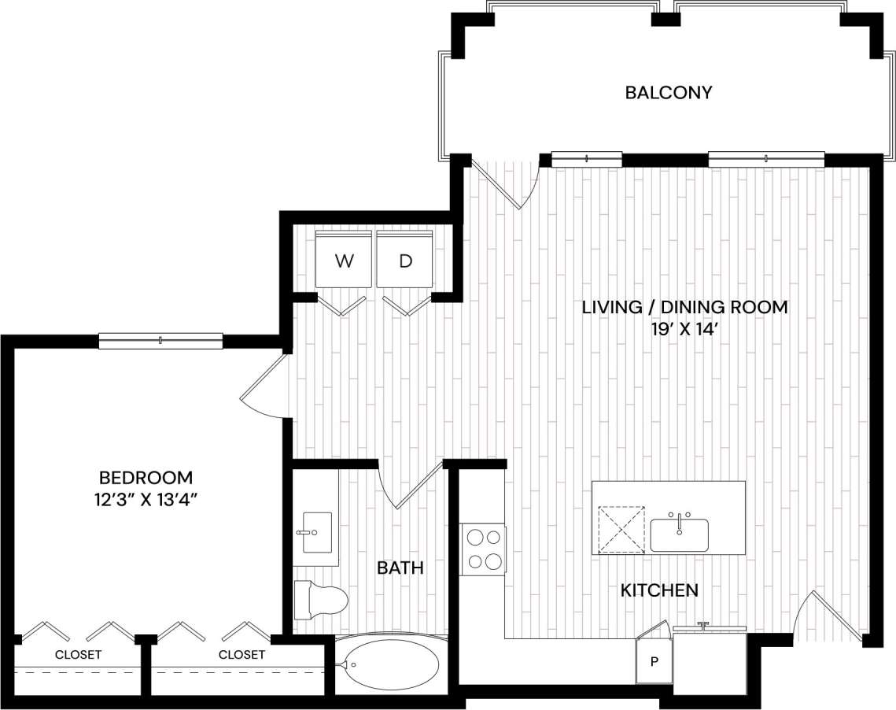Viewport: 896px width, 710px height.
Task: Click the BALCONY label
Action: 668,93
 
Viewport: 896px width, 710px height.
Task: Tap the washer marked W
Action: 344,261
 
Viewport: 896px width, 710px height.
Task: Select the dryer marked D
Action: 405,261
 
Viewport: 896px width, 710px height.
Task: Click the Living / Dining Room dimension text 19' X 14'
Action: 684,331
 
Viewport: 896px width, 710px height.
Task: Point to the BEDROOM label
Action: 146,477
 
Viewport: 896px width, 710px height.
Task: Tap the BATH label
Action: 400,568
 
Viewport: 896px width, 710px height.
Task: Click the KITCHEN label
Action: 659,590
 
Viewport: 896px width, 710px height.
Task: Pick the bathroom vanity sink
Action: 317,533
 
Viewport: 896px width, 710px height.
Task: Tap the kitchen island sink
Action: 679,534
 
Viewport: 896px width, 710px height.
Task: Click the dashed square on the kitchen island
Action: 620,531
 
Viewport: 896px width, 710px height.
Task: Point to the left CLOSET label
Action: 78,655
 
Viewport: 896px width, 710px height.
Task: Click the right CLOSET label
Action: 242,655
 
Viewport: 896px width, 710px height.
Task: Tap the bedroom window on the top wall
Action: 160,341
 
